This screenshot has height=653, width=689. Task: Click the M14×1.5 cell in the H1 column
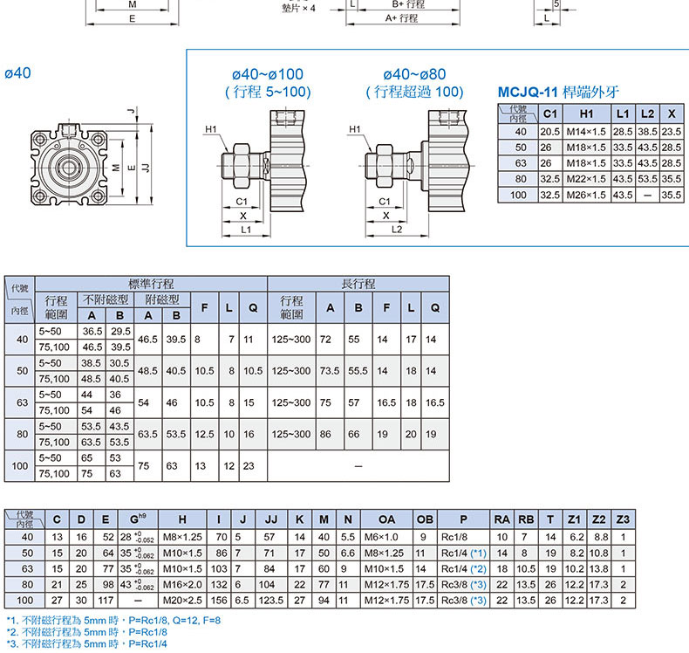point(586,132)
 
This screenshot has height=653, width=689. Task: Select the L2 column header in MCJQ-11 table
point(647,113)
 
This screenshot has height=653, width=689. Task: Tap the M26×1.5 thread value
point(586,195)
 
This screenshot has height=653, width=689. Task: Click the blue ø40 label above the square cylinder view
point(17,72)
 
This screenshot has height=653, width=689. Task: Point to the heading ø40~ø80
point(414,74)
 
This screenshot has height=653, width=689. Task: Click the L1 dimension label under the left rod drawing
point(246,230)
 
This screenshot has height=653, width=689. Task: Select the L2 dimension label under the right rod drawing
point(396,230)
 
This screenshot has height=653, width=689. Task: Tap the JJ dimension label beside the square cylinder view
point(146,168)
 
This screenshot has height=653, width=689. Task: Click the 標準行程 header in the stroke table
point(151,284)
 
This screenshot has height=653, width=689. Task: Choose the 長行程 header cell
point(358,284)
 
